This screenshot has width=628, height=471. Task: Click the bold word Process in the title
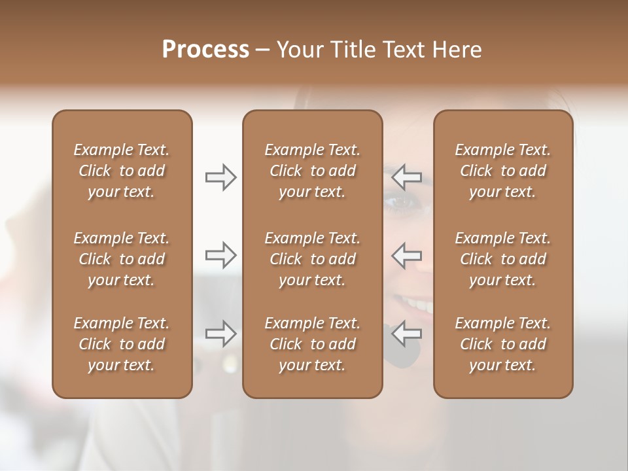[205, 50]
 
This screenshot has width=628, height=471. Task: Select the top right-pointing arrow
[221, 177]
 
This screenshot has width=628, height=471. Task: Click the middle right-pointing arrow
[221, 254]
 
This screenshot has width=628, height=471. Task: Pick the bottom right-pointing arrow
[221, 334]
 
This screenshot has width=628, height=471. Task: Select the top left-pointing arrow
[406, 177]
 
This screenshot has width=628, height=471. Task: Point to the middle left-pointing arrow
[406, 254]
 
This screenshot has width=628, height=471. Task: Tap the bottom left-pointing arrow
[406, 334]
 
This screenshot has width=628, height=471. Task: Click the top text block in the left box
[122, 171]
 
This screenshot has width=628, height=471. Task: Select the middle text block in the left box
[122, 259]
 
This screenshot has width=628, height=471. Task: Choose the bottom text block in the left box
[122, 344]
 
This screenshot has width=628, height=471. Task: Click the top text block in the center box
[312, 171]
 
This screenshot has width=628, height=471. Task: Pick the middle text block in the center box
[312, 259]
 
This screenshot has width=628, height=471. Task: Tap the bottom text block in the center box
[312, 344]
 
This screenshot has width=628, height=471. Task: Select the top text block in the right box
[502, 171]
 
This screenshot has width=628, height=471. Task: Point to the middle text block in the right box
[502, 259]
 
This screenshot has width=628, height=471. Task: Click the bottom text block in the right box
[502, 344]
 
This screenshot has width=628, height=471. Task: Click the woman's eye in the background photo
[398, 202]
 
